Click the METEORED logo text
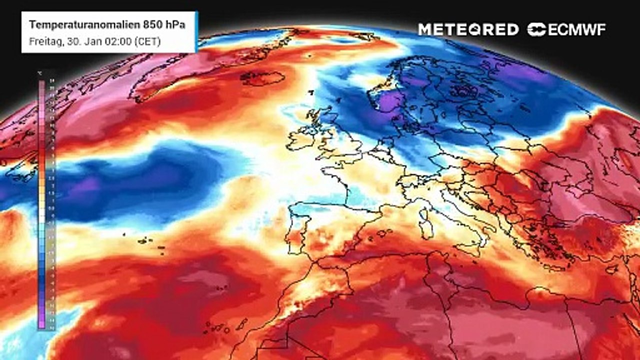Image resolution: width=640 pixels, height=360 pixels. pyautogui.click(x=468, y=30)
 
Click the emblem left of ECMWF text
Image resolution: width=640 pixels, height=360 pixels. pyautogui.click(x=537, y=30)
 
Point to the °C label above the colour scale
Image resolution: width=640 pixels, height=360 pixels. pyautogui.click(x=40, y=73)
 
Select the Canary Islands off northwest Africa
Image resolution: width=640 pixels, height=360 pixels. pyautogui.click(x=220, y=328)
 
